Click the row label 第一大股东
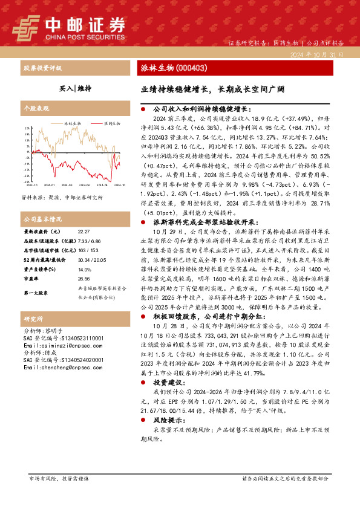36,293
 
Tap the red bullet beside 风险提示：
142,418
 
